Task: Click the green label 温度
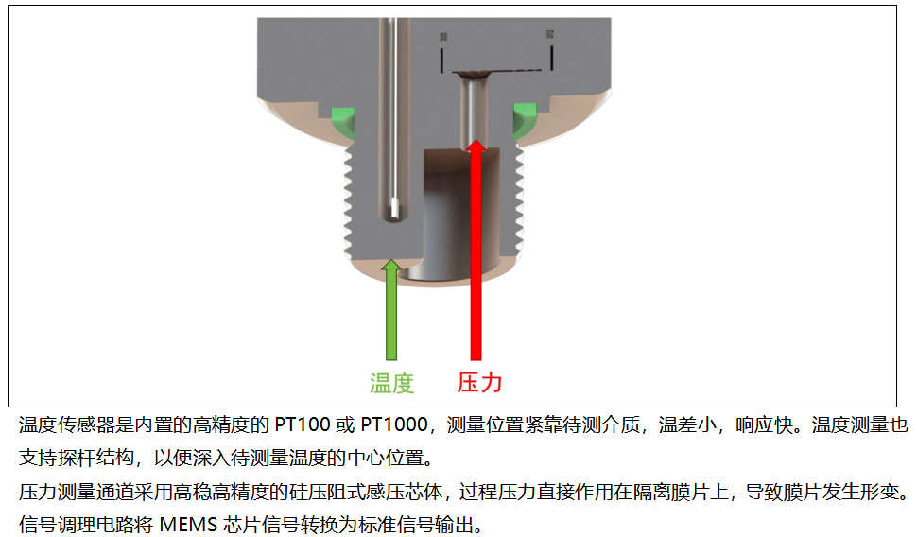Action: click(391, 383)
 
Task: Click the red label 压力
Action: click(479, 383)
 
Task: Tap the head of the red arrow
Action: click(476, 147)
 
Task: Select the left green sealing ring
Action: click(344, 121)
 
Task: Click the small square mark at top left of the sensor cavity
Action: click(444, 37)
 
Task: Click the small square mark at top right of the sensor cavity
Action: click(550, 34)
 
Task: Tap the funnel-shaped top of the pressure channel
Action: click(474, 75)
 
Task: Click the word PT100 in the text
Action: click(303, 424)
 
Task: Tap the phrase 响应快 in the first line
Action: click(765, 424)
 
